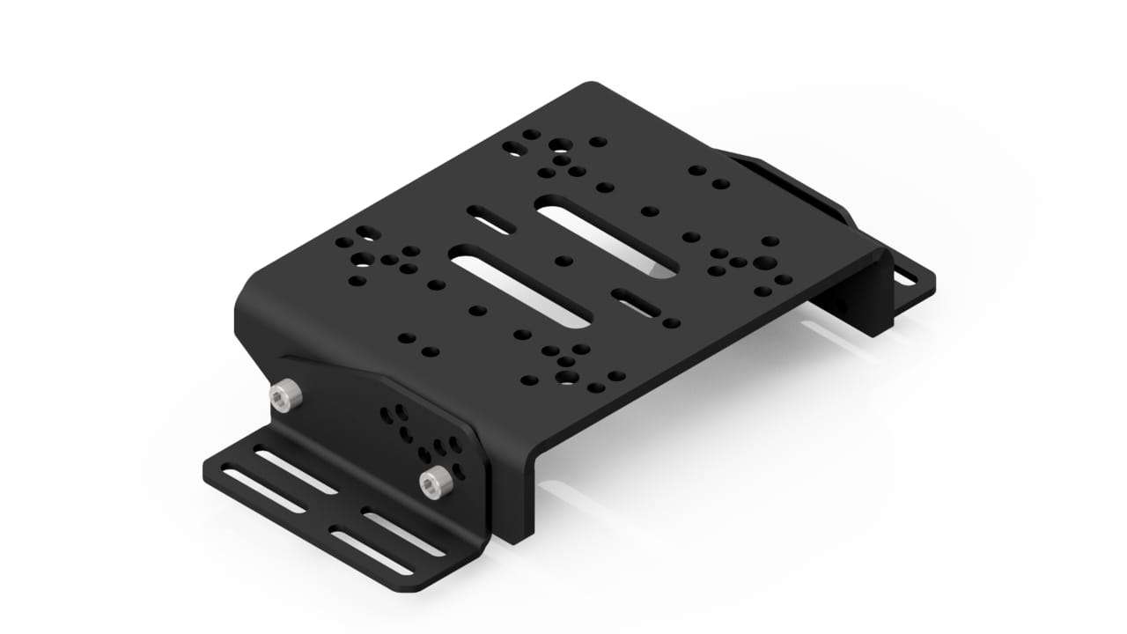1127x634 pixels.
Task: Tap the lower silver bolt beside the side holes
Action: (433, 483)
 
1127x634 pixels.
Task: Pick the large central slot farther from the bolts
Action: (608, 238)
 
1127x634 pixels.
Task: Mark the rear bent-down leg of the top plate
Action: (867, 299)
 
